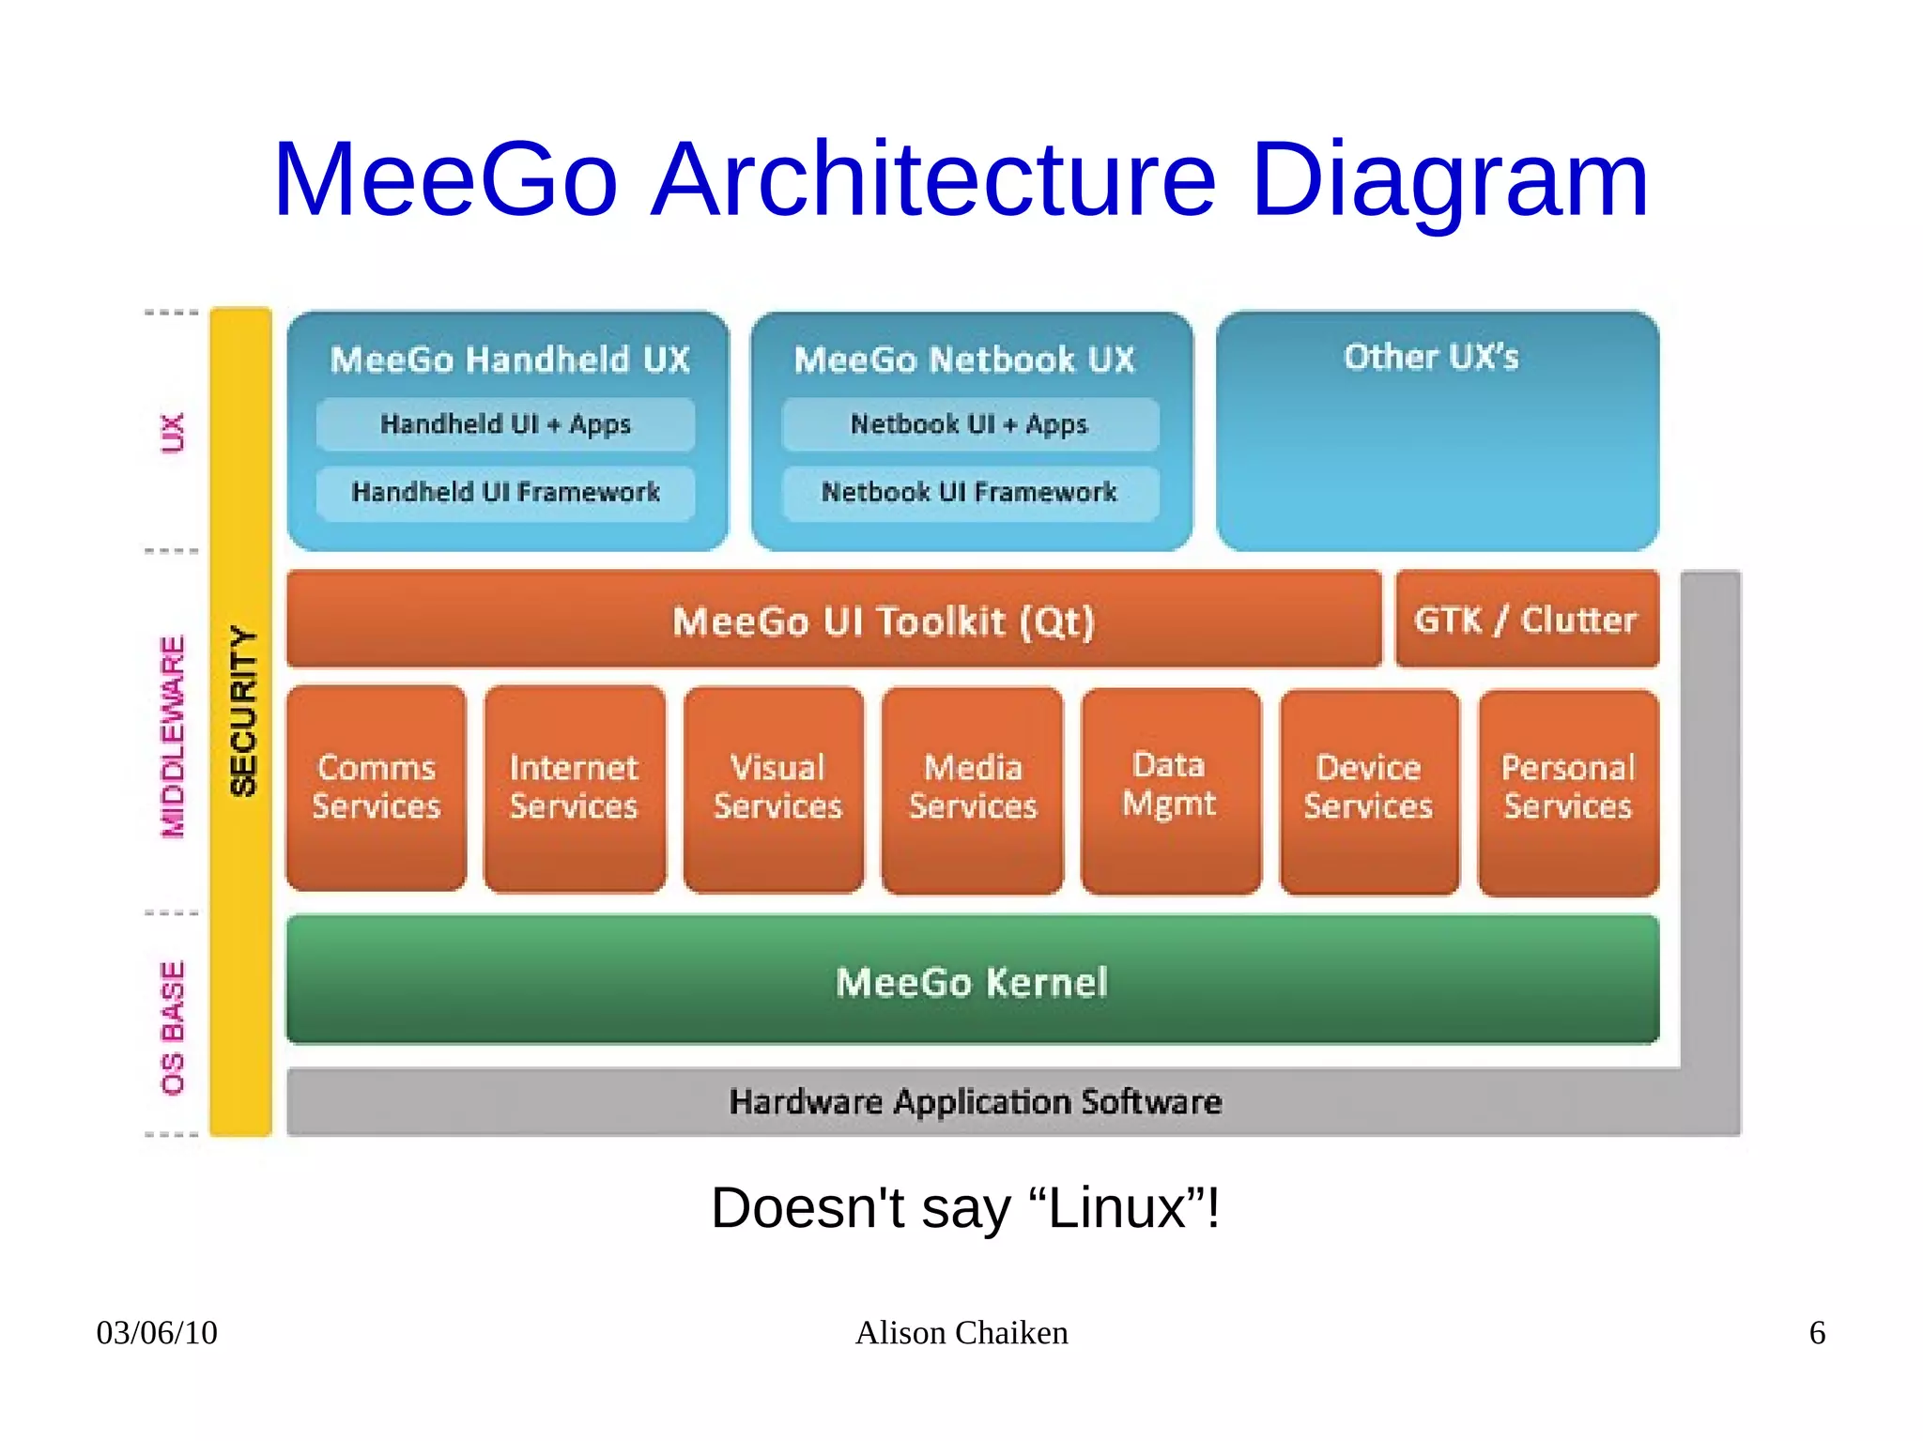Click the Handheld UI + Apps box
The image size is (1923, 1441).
(505, 424)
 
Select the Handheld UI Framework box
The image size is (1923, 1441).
(505, 493)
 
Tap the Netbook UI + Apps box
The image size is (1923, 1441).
(970, 424)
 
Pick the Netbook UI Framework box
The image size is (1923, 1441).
(970, 493)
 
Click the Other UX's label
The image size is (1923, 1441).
(1431, 358)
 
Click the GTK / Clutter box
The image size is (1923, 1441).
(1526, 620)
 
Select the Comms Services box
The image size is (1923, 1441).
(376, 788)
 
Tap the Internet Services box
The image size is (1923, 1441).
(574, 788)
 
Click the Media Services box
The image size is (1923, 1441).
(972, 788)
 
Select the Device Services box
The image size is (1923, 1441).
(1368, 788)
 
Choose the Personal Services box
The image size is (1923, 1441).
(1568, 788)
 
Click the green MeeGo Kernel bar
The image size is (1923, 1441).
(972, 981)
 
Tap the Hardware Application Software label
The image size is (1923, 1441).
(976, 1101)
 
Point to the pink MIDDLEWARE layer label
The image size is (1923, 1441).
(173, 737)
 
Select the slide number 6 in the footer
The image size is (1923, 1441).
(1817, 1333)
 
